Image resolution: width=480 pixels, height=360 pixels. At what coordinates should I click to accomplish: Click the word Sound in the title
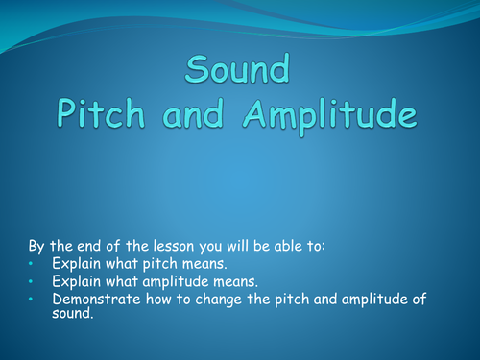click(x=239, y=72)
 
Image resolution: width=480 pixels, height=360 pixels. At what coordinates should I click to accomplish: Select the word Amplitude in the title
click(x=333, y=114)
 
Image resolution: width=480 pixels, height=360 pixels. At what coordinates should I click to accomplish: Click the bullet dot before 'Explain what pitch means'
click(x=31, y=263)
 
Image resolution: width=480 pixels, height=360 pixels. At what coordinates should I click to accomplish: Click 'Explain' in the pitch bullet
click(x=77, y=263)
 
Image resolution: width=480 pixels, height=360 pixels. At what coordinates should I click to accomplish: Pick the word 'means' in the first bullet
click(x=204, y=263)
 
